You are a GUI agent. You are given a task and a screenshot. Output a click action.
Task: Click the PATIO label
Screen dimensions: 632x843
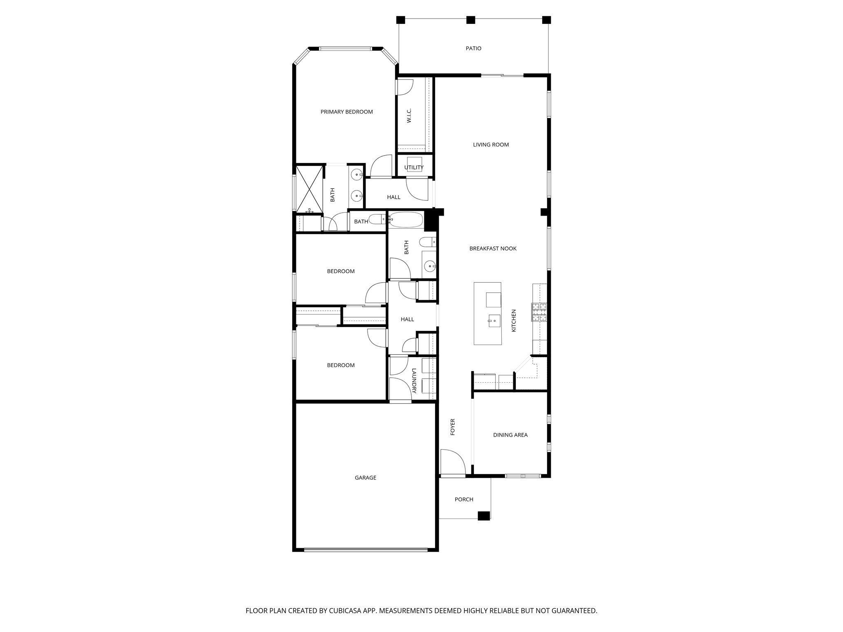[473, 49]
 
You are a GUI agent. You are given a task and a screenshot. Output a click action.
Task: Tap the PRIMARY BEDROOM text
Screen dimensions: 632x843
[347, 112]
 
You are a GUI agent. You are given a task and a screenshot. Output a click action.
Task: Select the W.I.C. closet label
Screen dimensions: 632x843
[409, 116]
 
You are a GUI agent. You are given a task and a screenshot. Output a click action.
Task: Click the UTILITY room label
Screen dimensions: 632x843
[414, 167]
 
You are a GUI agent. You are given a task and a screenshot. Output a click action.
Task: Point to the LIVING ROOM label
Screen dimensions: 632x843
[491, 145]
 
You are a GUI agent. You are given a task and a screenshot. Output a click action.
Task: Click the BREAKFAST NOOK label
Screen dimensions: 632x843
[493, 249]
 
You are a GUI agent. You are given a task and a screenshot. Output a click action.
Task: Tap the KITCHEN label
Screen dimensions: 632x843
[514, 321]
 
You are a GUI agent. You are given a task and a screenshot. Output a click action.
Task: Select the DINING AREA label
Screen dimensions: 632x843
[510, 435]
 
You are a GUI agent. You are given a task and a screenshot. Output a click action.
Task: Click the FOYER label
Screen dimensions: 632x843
[453, 427]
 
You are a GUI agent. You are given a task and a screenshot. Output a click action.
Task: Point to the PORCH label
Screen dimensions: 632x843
[464, 500]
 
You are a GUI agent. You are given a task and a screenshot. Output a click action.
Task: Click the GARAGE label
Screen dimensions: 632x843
[366, 478]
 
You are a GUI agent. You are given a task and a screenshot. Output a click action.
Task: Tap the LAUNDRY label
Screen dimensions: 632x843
[414, 381]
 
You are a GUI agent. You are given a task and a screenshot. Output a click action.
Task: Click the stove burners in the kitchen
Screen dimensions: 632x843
[539, 312]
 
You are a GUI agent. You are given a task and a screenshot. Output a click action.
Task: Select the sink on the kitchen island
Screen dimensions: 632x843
[494, 320]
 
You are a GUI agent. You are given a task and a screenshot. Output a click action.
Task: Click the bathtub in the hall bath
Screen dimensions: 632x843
[405, 220]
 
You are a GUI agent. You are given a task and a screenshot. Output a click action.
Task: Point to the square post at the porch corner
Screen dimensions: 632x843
[484, 516]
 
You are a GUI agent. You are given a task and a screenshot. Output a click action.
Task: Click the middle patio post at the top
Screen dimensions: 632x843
[470, 20]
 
